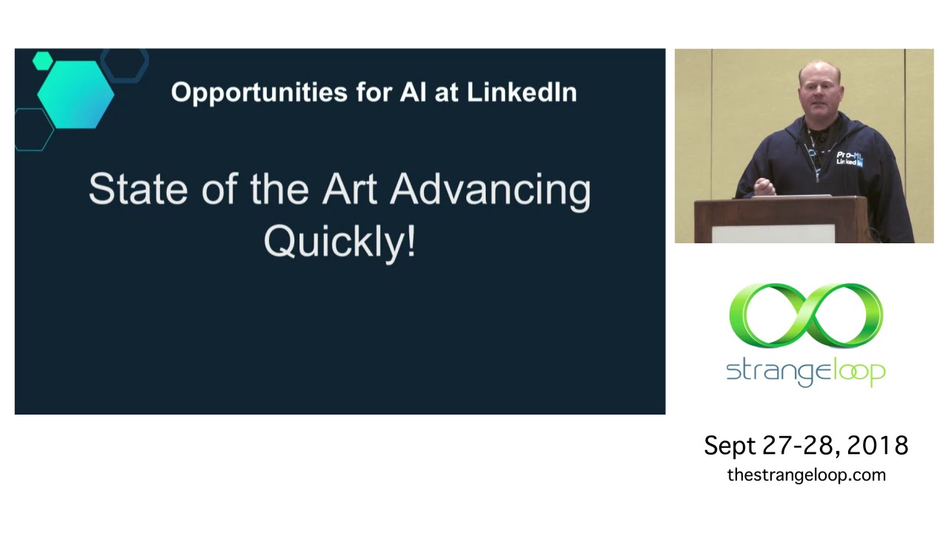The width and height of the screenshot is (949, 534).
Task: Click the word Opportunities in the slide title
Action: click(259, 93)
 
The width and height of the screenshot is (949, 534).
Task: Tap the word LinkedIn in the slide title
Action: click(521, 92)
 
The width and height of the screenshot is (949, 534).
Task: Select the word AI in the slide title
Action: click(413, 92)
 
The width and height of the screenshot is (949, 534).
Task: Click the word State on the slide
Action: click(138, 189)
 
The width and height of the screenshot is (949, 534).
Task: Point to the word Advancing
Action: click(490, 191)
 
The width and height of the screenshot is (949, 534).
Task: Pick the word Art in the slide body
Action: click(349, 189)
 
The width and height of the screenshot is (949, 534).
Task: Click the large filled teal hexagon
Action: click(76, 94)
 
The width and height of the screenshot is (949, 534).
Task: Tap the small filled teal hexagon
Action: click(43, 61)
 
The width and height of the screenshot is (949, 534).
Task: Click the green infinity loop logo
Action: click(806, 316)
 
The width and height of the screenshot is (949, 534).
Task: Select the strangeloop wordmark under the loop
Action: click(806, 372)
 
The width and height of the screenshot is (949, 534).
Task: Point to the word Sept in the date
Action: click(730, 446)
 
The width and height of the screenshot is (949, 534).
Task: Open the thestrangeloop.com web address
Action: click(806, 475)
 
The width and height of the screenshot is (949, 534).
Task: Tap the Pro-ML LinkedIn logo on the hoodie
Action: click(850, 159)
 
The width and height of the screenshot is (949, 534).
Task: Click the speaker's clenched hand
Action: click(764, 187)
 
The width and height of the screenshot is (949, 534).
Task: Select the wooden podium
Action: click(781, 220)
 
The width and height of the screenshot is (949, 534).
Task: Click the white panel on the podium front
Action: click(773, 234)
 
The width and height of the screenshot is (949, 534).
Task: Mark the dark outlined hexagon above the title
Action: click(125, 64)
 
